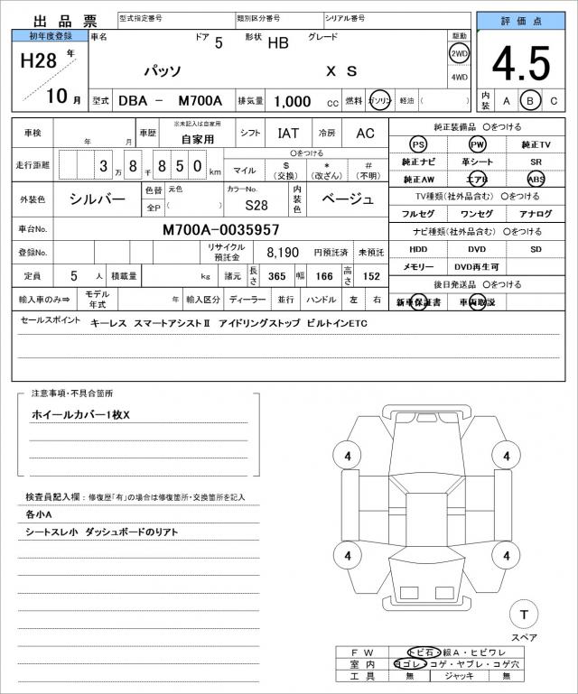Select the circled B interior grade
(531, 100)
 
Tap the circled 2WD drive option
(460, 53)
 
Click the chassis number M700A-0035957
(221, 230)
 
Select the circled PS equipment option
(417, 144)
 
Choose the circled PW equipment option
(477, 144)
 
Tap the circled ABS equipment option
(536, 179)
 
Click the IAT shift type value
(288, 133)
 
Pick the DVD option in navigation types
(477, 249)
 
